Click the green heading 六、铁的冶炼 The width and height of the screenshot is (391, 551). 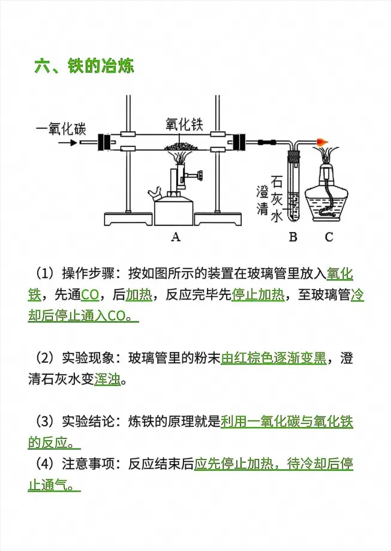(x=85, y=67)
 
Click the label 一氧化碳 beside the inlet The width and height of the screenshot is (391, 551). (x=61, y=129)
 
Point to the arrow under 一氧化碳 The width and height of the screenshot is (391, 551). (x=68, y=143)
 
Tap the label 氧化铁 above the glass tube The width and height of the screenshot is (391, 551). (x=185, y=124)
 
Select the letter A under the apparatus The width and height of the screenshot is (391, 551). (x=176, y=237)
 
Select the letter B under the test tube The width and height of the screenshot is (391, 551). (x=293, y=237)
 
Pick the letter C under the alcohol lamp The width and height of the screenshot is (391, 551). (x=329, y=237)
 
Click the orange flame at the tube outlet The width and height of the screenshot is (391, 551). (x=321, y=142)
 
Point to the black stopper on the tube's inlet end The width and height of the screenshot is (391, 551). (x=104, y=142)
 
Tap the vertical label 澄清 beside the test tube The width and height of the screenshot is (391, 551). (x=262, y=201)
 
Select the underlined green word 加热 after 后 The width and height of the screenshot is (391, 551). (x=139, y=294)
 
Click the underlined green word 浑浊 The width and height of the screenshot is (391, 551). (x=107, y=380)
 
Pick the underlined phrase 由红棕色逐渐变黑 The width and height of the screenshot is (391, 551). (x=274, y=359)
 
